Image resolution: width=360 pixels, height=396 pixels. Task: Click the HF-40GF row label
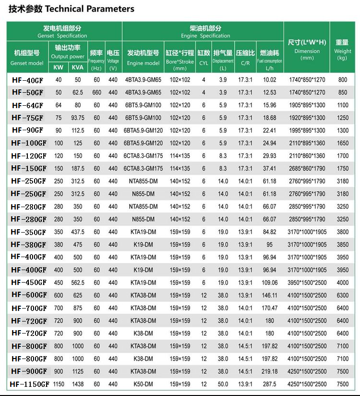pyautogui.click(x=28, y=80)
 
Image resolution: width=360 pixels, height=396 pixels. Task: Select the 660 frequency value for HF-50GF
pyautogui.click(x=97, y=92)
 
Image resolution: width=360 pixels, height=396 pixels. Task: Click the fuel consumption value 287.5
pyautogui.click(x=269, y=384)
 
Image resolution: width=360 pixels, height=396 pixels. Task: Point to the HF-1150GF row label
pyautogui.click(x=29, y=384)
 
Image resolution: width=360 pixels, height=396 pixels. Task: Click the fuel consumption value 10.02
pyautogui.click(x=269, y=80)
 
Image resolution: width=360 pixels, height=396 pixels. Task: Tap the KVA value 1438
pyautogui.click(x=77, y=384)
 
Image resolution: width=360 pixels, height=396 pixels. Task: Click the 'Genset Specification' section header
pyautogui.click(x=62, y=32)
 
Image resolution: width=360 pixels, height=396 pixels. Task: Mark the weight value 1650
pyautogui.click(x=342, y=143)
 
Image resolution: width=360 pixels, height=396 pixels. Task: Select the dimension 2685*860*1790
pyautogui.click(x=307, y=169)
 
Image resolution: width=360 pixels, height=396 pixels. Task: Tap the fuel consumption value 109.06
pyautogui.click(x=269, y=283)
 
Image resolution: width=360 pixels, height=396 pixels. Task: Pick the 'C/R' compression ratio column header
pyautogui.click(x=245, y=57)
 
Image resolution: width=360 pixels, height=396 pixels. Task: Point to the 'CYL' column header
pyautogui.click(x=204, y=57)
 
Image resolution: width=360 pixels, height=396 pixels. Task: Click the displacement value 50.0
pyautogui.click(x=223, y=384)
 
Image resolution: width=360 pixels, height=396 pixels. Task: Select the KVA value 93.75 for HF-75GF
pyautogui.click(x=77, y=118)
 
